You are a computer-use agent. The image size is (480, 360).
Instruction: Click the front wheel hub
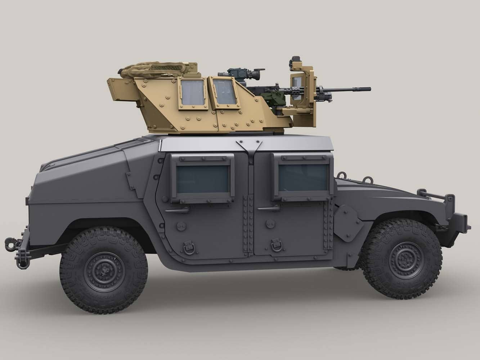(402, 256)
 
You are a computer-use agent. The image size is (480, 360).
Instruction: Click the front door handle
(270, 208)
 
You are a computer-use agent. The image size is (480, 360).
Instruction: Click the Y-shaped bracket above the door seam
(248, 146)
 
